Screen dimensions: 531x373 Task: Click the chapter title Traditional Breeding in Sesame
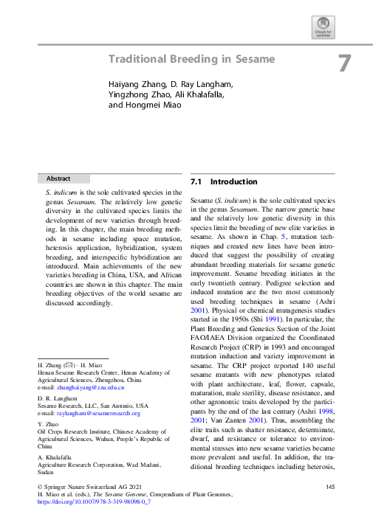pos(191,59)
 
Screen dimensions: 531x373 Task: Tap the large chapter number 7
pos(344,63)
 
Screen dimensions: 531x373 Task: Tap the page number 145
pos(330,487)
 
